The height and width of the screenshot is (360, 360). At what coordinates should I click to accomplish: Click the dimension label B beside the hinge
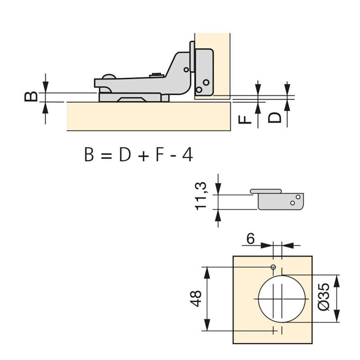30,96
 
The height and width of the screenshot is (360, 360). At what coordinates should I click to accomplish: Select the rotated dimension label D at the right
274,117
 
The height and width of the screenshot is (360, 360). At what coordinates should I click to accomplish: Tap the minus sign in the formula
173,156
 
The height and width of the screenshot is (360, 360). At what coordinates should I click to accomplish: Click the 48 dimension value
196,298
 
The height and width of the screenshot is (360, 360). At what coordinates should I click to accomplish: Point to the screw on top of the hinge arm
156,75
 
